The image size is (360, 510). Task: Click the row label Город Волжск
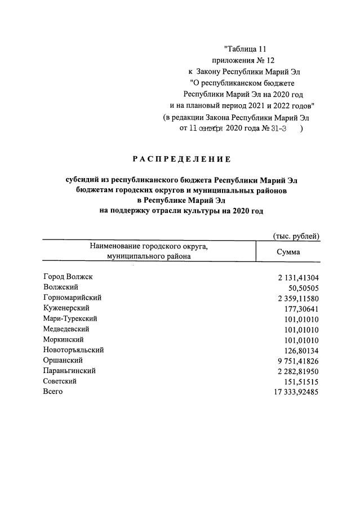(x=68, y=277)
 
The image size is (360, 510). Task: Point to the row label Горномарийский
(x=72, y=298)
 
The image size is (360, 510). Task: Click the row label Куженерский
(x=66, y=308)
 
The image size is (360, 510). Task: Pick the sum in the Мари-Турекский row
(x=302, y=319)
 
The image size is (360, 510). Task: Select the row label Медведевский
(x=66, y=329)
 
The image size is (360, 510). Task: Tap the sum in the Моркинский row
(x=302, y=340)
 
